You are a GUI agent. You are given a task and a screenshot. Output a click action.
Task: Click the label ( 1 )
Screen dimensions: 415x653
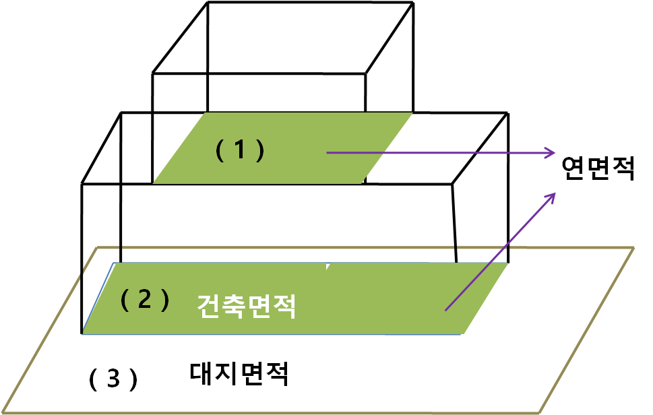click(240, 150)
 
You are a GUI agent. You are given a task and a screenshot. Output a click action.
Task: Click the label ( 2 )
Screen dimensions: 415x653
click(144, 300)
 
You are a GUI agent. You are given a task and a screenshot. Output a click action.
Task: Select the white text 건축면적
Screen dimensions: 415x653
click(247, 307)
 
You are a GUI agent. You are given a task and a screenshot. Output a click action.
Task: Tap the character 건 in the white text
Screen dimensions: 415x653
click(210, 307)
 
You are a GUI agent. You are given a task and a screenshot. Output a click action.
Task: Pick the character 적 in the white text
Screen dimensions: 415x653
click(284, 307)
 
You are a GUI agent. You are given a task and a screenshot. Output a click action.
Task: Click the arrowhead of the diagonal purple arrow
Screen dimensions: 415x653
click(553, 194)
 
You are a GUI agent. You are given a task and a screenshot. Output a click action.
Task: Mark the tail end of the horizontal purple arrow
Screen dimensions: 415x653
click(328, 153)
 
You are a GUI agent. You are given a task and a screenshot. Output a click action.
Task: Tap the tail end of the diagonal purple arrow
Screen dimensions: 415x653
click(445, 311)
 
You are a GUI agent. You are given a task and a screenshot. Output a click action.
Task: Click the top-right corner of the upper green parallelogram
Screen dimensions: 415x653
click(412, 113)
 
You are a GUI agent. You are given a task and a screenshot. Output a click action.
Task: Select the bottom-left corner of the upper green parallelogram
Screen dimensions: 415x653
click(154, 183)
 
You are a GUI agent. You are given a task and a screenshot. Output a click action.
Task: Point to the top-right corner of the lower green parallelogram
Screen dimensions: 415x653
click(507, 263)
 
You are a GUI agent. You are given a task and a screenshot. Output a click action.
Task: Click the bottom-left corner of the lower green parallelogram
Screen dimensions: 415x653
click(84, 333)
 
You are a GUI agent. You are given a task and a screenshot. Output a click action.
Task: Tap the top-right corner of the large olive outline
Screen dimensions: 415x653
click(633, 248)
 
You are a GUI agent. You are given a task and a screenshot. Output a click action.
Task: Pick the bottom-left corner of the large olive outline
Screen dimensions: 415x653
click(2, 413)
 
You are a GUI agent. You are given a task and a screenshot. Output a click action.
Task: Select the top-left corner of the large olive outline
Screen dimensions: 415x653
click(98, 248)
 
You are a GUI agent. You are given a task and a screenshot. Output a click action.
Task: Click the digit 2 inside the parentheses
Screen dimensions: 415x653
click(144, 300)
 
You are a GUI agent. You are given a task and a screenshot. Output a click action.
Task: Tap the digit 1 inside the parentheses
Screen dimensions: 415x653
click(240, 150)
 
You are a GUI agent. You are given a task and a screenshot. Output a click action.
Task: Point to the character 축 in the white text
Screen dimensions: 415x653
click(235, 307)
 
